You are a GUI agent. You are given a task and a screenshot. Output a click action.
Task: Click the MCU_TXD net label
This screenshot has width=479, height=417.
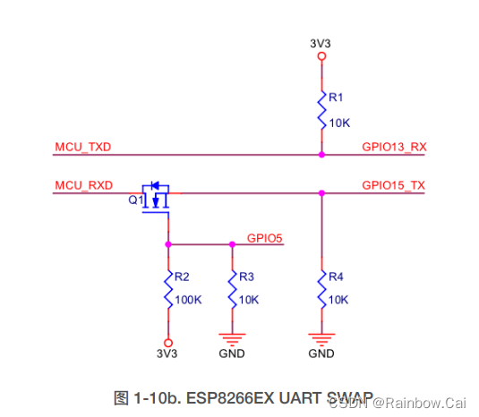tap(82, 147)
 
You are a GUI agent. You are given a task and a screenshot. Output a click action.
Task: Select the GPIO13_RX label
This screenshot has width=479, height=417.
tap(393, 147)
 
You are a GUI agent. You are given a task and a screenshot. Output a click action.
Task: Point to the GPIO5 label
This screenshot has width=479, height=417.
tap(264, 238)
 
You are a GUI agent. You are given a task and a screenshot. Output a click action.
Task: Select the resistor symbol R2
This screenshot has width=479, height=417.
tap(167, 293)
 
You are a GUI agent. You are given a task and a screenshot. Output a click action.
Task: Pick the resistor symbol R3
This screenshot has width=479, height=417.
tap(232, 293)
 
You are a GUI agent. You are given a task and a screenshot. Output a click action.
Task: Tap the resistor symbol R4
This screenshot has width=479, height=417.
tap(321, 293)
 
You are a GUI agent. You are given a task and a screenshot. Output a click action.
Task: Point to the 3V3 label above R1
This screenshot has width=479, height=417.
tap(321, 41)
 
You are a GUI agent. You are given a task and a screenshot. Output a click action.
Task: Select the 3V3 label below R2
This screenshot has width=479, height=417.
tap(167, 353)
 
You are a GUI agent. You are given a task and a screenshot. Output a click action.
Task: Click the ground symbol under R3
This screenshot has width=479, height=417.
tap(232, 339)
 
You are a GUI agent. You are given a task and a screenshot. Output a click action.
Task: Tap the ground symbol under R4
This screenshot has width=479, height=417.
tap(321, 339)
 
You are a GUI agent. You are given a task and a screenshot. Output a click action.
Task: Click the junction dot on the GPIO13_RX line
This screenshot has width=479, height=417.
tap(321, 155)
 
